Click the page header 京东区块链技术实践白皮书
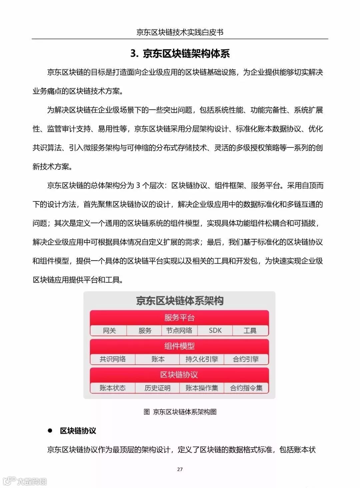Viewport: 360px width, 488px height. point(180,32)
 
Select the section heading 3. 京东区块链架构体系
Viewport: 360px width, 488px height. point(180,53)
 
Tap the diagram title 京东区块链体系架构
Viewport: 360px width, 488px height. point(180,301)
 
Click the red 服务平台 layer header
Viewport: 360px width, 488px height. point(179,318)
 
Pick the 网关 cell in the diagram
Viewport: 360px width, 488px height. point(109,331)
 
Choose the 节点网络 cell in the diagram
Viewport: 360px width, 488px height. point(179,331)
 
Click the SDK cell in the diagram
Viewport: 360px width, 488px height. point(215,331)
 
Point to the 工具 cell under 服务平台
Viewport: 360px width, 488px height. point(250,331)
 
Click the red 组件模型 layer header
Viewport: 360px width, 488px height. point(179,346)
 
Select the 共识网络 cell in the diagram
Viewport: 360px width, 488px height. point(113,359)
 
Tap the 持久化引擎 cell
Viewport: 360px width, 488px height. point(202,359)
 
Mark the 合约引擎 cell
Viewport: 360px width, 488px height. point(246,359)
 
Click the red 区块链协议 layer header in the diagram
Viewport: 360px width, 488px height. point(179,375)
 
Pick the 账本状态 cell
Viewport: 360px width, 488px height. point(113,388)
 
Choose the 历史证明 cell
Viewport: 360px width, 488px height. point(157,388)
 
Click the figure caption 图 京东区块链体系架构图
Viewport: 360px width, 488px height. point(180,412)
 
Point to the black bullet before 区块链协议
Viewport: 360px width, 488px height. point(50,431)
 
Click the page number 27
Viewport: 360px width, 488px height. point(180,469)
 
